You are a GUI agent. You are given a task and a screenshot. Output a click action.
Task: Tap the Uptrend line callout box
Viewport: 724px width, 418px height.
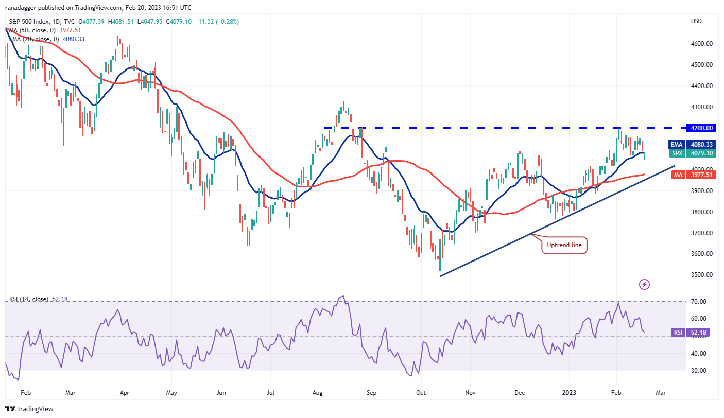564,246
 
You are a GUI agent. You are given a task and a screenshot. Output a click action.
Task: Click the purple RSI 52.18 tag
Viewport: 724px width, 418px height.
689,333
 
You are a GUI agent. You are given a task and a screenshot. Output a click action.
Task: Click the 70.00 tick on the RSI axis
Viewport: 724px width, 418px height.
698,301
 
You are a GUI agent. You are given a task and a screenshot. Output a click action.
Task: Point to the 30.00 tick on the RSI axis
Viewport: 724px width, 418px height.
698,371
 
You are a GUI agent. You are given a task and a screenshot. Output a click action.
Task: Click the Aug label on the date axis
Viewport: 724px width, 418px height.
317,392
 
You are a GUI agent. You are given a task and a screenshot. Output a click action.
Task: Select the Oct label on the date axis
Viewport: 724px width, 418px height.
421,392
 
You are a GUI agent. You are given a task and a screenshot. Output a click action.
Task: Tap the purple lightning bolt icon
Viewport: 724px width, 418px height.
644,284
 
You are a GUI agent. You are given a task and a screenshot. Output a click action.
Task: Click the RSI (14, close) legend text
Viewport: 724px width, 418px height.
28,299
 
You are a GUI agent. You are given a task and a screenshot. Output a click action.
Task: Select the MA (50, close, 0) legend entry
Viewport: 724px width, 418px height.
31,30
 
